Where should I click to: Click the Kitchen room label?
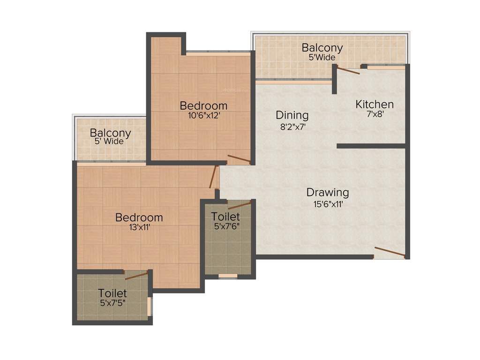point(374,104)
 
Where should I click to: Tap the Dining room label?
point(292,115)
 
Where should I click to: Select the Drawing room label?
point(328,192)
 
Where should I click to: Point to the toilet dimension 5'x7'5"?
point(112,303)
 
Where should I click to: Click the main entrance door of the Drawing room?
point(390,252)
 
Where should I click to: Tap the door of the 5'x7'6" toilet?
point(239,205)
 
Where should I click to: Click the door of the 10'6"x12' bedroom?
point(239,159)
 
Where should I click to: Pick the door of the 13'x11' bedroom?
point(214,177)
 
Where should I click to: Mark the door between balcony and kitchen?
point(348,70)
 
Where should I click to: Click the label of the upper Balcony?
point(322,48)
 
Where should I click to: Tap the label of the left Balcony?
point(110,133)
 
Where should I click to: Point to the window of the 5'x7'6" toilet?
point(228,276)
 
